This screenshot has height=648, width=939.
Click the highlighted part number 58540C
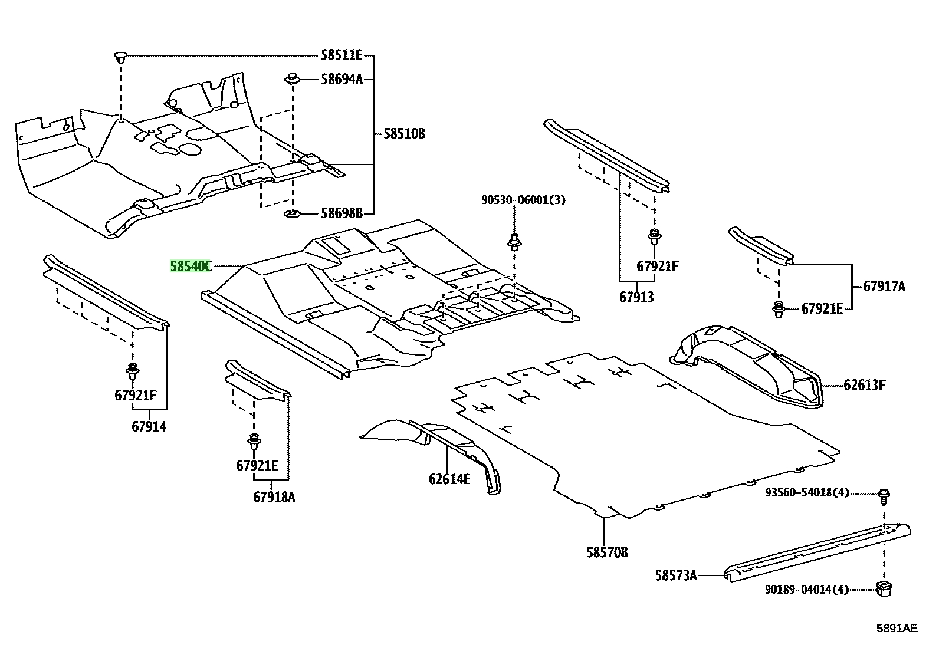point(191,266)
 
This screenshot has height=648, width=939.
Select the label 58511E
point(342,55)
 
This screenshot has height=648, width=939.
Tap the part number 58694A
point(342,79)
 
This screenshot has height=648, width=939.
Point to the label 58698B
point(342,213)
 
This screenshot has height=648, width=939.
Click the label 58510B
point(405,134)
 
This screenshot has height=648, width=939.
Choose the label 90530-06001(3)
point(523,200)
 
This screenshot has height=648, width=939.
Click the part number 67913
point(636,297)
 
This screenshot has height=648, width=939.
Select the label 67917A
point(884,287)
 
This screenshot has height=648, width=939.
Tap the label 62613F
point(864,385)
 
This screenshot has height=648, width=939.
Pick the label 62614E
point(449,479)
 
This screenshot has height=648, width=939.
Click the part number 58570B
point(607,553)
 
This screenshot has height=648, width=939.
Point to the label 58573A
point(676,576)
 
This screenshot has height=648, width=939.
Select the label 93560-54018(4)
point(807,492)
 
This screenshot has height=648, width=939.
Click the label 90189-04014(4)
point(806,590)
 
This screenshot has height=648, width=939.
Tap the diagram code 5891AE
point(897,629)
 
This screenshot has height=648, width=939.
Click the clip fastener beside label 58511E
point(120,57)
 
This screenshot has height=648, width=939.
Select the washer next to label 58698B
point(292,214)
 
